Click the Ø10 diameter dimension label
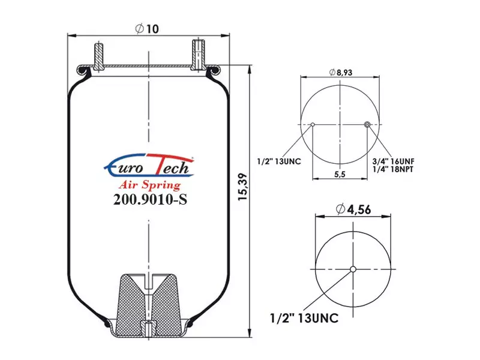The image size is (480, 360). click(147, 29)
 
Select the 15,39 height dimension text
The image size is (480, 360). click(243, 187)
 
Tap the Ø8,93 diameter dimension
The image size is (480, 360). click(341, 72)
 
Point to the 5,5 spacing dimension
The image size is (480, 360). click(340, 174)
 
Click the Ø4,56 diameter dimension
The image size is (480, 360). click(353, 209)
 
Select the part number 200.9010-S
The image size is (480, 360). click(150, 200)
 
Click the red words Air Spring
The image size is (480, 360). click(149, 185)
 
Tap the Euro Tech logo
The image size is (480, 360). click(149, 166)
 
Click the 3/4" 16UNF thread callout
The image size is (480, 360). click(394, 161)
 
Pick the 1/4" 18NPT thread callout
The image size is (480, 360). click(393, 169)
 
